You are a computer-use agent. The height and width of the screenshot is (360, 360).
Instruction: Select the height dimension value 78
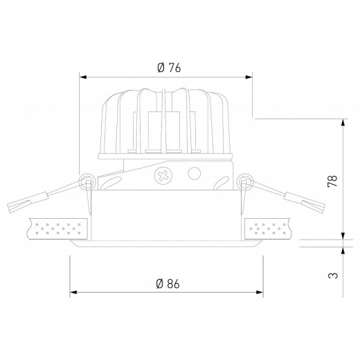[333, 181]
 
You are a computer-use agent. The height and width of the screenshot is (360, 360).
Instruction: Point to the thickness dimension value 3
[333, 275]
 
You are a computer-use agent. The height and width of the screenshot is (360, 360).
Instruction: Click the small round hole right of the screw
[195, 173]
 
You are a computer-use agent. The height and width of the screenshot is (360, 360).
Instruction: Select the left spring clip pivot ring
[87, 182]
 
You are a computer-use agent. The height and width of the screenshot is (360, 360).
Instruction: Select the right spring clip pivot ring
[243, 182]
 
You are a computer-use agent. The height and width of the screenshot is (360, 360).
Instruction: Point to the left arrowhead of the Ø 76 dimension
[84, 78]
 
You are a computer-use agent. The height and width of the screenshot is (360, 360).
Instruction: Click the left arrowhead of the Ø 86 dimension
[73, 292]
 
